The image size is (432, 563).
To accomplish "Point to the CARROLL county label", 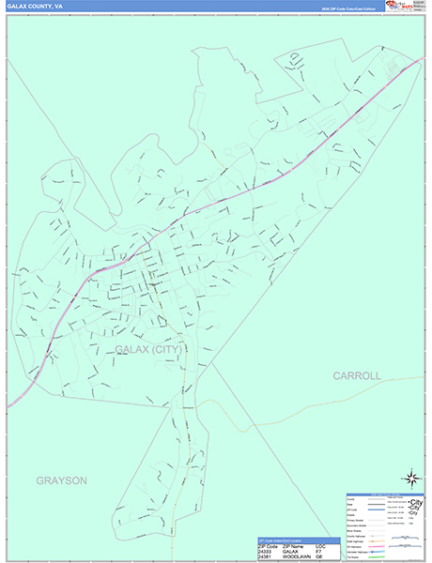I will [x=357, y=375].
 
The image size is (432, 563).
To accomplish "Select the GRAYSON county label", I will [x=62, y=480].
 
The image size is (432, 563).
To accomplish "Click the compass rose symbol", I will [x=410, y=479].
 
